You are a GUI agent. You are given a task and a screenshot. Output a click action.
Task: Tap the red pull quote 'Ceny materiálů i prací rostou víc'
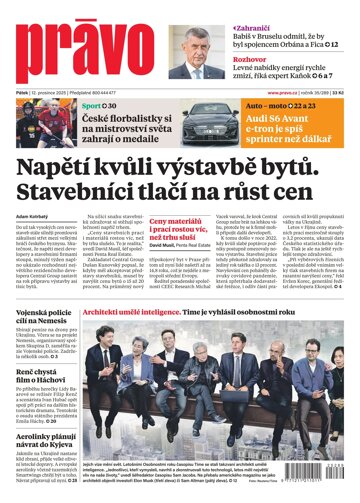coord(177,237)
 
